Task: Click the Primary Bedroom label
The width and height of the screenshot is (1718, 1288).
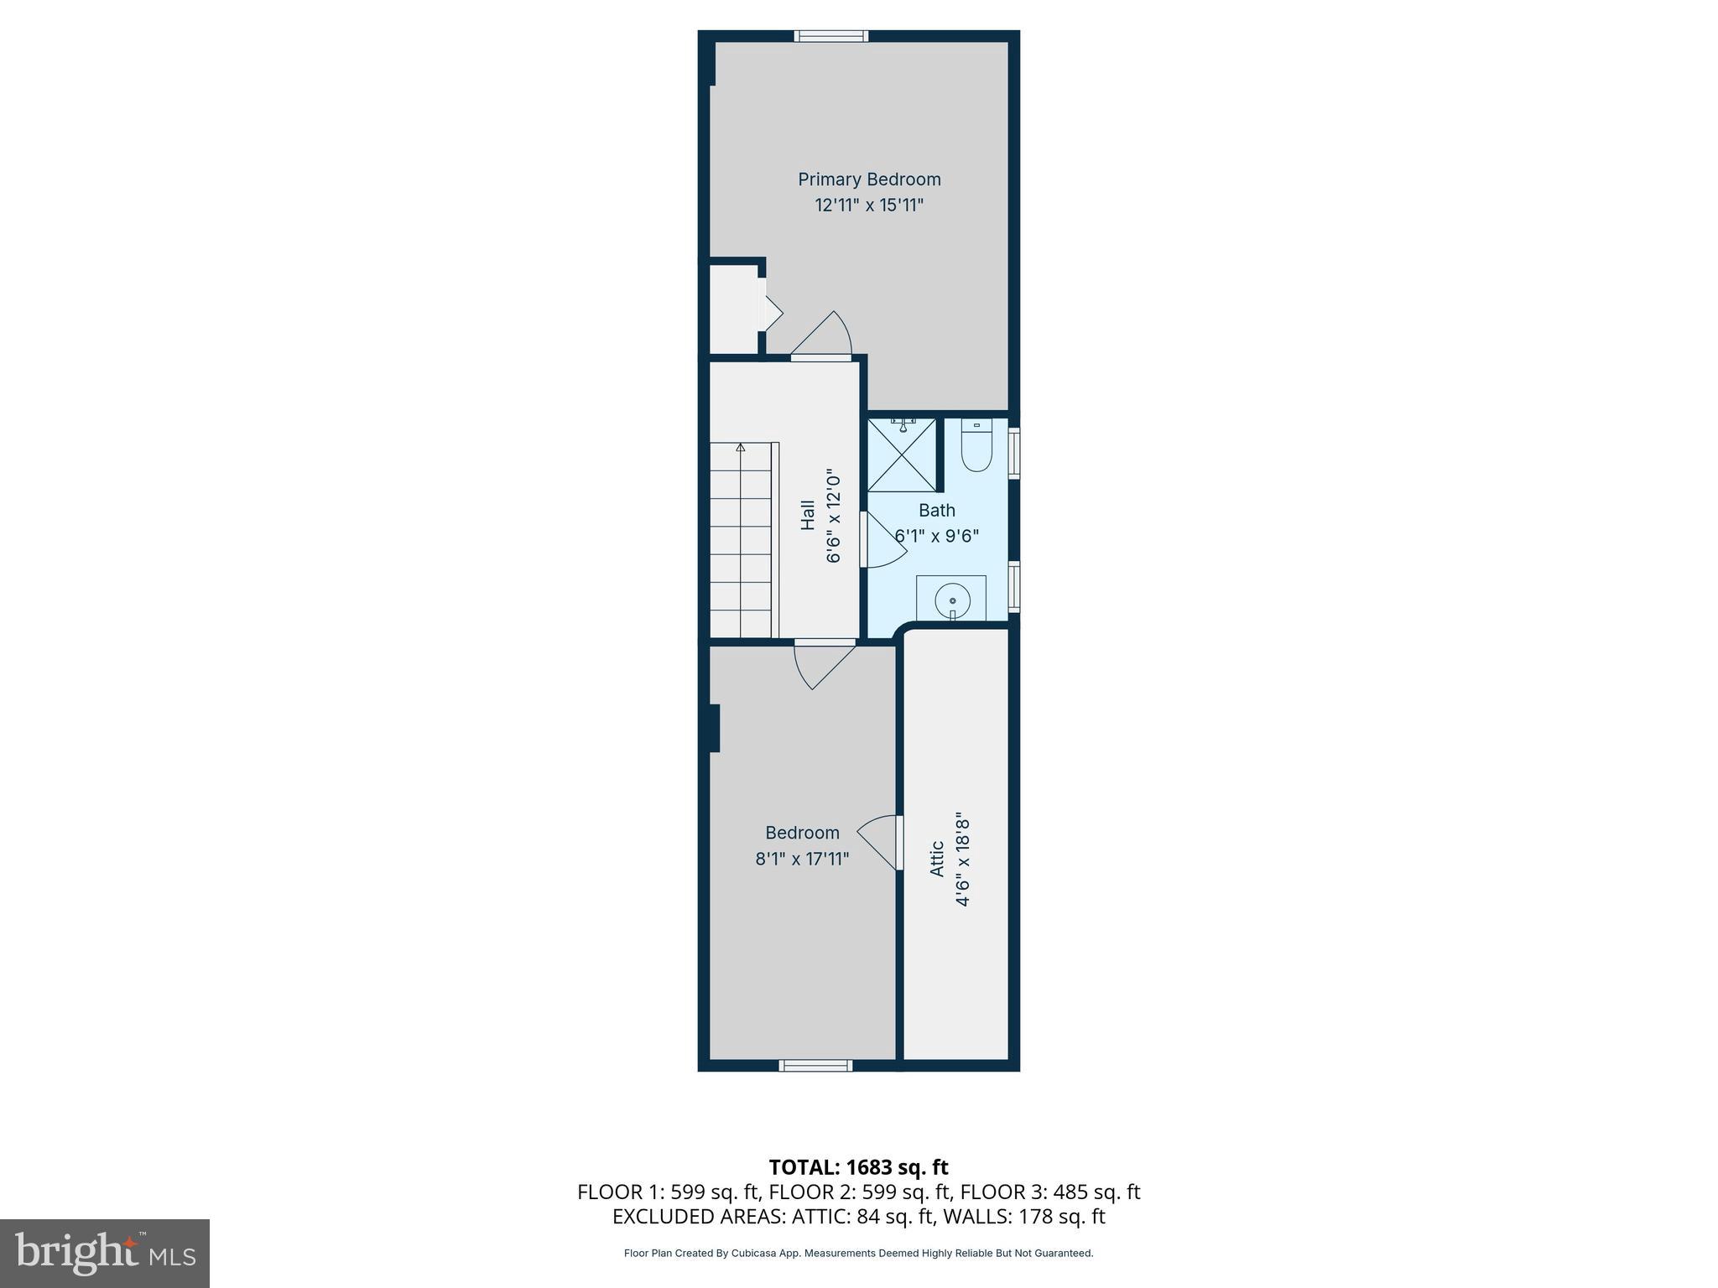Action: click(x=869, y=179)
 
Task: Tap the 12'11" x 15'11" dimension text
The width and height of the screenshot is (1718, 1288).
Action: click(x=869, y=205)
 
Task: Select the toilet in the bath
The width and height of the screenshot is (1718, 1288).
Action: click(x=976, y=446)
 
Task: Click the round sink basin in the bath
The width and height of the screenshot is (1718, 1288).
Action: click(x=952, y=600)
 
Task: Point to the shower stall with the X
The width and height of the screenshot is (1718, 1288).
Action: click(x=902, y=454)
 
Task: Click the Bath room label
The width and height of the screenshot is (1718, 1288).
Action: click(x=936, y=510)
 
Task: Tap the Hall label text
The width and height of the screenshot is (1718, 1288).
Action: click(x=807, y=515)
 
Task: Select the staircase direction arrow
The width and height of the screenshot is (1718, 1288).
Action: click(x=741, y=449)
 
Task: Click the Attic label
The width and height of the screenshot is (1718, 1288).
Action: click(x=937, y=859)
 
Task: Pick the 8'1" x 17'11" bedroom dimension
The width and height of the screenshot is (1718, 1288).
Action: click(x=802, y=859)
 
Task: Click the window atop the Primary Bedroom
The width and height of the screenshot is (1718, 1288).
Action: click(x=830, y=36)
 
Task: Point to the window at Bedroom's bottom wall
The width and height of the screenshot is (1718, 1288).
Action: click(x=815, y=1066)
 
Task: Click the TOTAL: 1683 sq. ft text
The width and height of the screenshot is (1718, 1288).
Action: click(x=858, y=1167)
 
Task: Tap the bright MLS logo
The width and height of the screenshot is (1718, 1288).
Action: click(x=105, y=1253)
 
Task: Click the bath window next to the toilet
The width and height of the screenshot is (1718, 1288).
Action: click(x=1014, y=453)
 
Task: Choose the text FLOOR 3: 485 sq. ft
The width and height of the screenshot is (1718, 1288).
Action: click(x=1049, y=1192)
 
